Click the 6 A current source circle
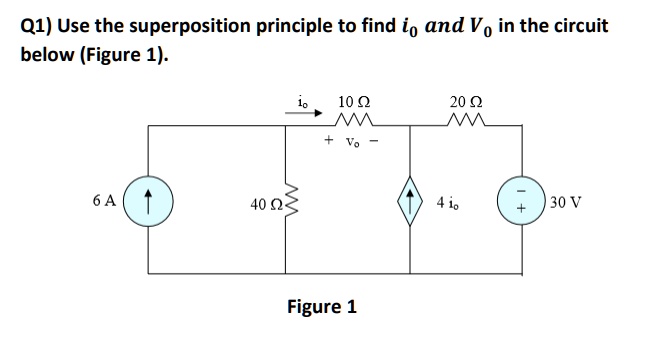point(150,199)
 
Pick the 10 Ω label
point(354,101)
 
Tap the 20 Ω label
point(464,101)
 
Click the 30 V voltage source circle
point(519,199)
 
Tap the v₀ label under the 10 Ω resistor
point(353,142)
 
